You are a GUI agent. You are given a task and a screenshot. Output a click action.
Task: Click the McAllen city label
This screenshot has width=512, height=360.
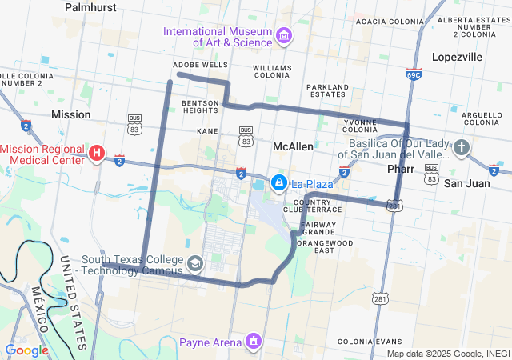(293, 147)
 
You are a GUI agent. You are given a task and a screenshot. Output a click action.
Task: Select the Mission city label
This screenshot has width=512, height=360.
(70, 114)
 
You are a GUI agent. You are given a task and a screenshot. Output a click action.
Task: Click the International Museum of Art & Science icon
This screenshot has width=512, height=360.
(283, 36)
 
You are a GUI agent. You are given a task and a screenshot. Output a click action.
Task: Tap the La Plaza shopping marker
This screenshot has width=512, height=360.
(278, 183)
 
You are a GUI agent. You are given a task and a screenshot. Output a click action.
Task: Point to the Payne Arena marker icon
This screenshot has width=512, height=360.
(254, 342)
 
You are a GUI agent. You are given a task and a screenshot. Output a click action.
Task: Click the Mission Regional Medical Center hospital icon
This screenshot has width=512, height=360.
(97, 153)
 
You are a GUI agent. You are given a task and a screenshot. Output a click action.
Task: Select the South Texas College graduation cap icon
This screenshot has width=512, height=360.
(194, 263)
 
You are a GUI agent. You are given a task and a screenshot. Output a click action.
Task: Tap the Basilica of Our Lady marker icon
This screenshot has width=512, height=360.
(461, 148)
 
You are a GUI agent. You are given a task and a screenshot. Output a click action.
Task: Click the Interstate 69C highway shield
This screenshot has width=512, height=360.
(414, 74)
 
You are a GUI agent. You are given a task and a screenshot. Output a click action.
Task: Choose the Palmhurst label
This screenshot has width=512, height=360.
(90, 7)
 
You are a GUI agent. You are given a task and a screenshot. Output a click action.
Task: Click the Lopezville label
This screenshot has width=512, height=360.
(457, 58)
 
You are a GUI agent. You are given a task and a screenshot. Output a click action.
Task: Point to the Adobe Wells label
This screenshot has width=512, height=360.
(200, 65)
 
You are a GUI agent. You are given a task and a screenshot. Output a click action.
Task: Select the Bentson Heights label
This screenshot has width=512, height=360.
(200, 107)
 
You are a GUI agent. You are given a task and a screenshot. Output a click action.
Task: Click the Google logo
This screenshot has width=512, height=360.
(26, 350)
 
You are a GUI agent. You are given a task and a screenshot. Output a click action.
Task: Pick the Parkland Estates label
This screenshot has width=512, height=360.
(329, 90)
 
